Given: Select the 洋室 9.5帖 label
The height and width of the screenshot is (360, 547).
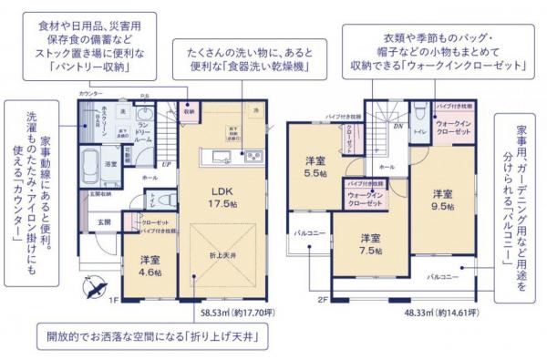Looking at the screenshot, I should [442, 200].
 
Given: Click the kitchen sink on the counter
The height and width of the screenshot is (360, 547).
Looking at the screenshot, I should [212, 154].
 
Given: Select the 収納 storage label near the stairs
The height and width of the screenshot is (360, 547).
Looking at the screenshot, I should [189, 114].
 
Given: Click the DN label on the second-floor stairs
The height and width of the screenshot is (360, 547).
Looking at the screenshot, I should [397, 127].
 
